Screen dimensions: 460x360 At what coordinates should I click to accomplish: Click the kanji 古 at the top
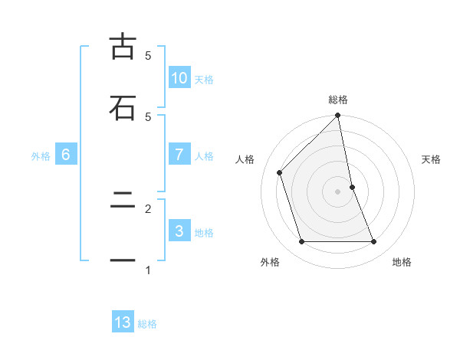click(x=122, y=47)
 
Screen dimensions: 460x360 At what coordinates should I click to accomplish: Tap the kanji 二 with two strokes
click(x=122, y=201)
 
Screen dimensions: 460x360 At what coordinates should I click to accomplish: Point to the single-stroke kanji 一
click(x=122, y=261)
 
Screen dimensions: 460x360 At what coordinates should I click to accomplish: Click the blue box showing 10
click(x=179, y=78)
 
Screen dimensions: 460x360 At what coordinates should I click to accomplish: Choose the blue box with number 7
click(x=179, y=155)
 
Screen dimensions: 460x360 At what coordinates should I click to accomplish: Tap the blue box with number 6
click(x=66, y=155)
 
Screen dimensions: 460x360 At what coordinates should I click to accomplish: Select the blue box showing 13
click(x=123, y=322)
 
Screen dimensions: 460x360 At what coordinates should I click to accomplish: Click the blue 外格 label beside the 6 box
click(x=41, y=155)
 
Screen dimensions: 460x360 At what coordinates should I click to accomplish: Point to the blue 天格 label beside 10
click(x=203, y=79)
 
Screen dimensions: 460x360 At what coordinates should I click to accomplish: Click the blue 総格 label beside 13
click(x=147, y=323)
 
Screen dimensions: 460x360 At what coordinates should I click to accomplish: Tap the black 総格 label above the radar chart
click(x=338, y=100)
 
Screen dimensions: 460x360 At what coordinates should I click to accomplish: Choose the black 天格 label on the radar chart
click(x=432, y=159)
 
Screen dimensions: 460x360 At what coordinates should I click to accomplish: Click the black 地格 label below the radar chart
click(x=402, y=262)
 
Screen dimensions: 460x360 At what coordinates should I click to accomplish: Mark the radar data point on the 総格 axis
click(x=338, y=116)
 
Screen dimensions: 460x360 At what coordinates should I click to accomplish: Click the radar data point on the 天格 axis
click(x=352, y=186)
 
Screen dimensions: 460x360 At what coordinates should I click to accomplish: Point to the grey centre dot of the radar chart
click(x=338, y=191)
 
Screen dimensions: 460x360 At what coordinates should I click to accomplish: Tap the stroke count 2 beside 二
click(x=148, y=208)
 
